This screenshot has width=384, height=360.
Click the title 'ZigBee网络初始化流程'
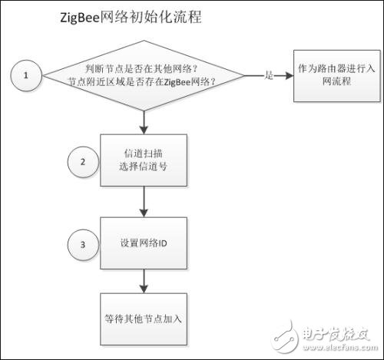pos(130,17)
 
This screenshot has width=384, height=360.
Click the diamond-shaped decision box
pos(144,75)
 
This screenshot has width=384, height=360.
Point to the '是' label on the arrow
pos(268,75)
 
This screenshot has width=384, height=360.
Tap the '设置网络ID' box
pos(144,245)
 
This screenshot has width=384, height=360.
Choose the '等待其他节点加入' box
pos(144,316)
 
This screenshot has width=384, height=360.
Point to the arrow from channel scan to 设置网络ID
pos(144,202)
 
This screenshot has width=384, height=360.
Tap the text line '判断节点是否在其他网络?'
pos(144,67)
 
